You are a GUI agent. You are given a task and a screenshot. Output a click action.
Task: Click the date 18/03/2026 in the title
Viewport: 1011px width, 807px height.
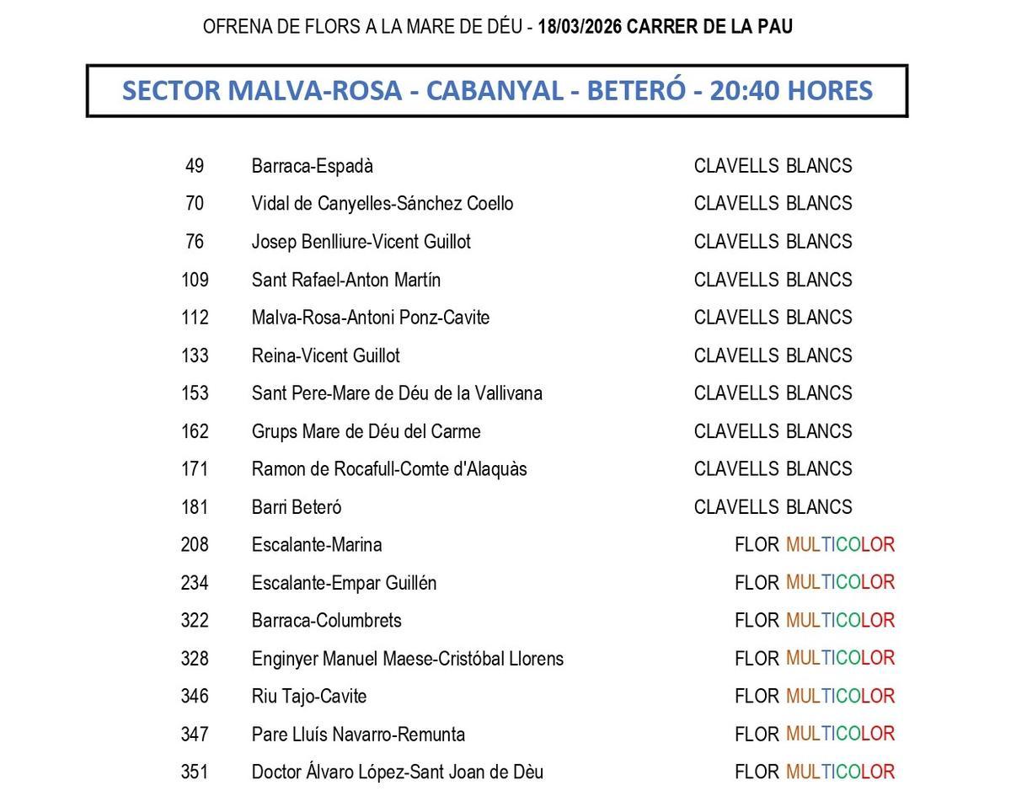coord(580,27)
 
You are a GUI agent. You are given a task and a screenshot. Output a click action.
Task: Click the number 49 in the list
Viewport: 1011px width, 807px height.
coord(195,166)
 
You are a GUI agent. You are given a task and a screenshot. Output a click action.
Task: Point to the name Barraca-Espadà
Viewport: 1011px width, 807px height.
coord(312,166)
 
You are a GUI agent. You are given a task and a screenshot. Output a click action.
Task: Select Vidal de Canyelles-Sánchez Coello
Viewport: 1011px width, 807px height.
coord(382,204)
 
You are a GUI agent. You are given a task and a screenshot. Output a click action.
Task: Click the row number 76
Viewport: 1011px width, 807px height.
coord(195,242)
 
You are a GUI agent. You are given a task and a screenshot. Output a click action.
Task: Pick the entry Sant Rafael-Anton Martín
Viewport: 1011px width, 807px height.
coord(345,280)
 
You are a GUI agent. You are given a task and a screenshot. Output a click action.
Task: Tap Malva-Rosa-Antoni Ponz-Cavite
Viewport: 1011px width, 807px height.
coord(370,318)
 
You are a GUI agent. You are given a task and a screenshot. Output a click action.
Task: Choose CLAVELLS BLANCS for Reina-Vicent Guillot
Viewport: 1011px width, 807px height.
coord(773,355)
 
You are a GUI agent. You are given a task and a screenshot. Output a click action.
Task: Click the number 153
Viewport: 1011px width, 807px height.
coord(195,393)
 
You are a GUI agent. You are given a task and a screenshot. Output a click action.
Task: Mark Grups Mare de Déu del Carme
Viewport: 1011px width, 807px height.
coord(366,431)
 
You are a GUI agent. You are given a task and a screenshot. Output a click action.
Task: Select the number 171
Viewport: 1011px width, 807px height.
coord(195,469)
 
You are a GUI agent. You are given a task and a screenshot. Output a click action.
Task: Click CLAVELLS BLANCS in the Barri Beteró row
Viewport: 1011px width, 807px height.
coord(773,507)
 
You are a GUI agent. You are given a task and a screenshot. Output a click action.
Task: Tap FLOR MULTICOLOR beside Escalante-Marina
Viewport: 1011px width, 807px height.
coord(814,545)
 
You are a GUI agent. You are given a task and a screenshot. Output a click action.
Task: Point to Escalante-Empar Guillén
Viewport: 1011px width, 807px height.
coord(344,583)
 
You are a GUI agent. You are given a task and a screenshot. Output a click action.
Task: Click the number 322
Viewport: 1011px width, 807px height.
coord(195,621)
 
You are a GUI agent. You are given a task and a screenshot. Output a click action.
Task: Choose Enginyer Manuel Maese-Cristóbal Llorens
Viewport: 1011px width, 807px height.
coord(407,659)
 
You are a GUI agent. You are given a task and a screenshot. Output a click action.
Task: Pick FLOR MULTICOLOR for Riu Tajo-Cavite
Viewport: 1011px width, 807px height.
coord(814,697)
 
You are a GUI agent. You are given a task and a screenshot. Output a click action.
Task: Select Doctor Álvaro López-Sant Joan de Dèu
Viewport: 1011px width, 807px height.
coord(397,772)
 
